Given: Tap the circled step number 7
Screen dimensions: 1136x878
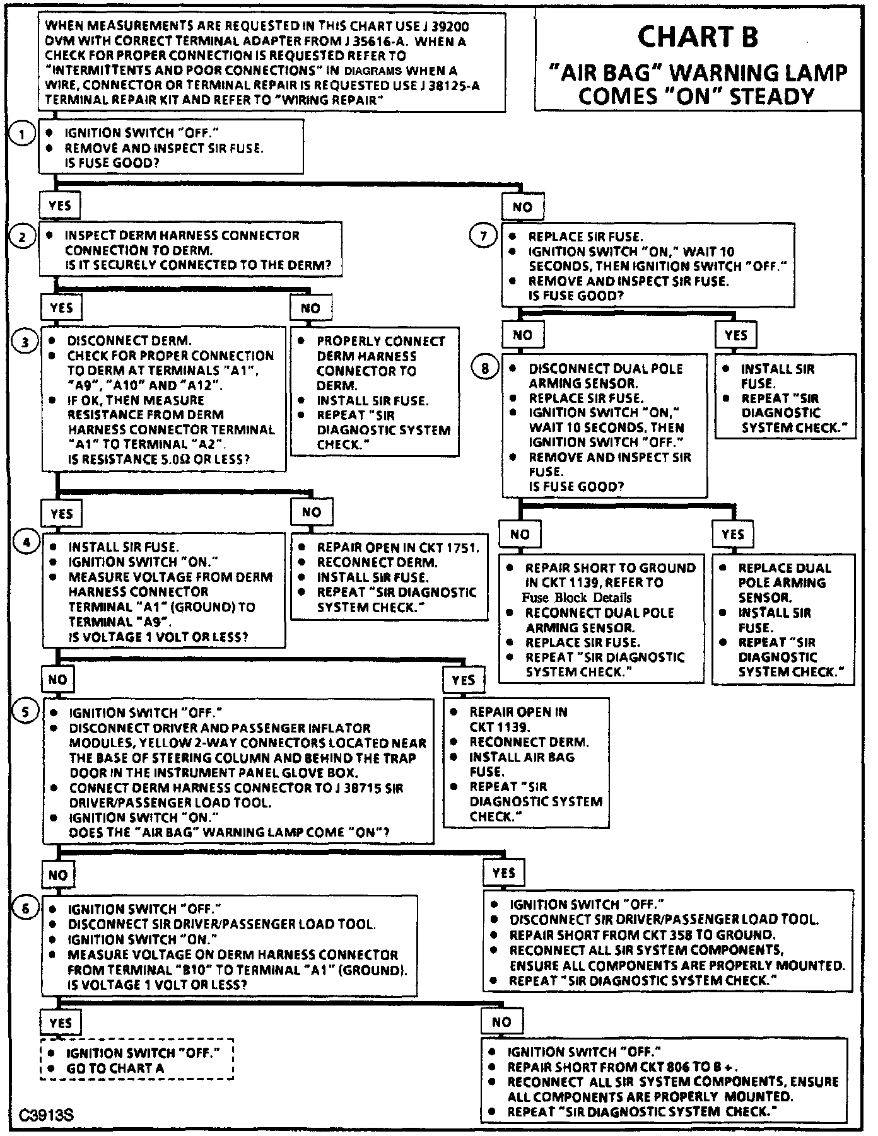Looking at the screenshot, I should pos(484,237).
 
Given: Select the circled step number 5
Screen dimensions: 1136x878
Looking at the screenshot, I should pos(25,712).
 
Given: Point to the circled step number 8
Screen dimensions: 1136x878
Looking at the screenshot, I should pos(484,369).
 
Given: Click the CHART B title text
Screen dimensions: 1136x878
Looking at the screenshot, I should pos(698,37).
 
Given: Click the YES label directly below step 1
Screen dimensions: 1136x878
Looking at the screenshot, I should pos(60,205).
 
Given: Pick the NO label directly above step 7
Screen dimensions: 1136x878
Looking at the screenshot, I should pos(522,207).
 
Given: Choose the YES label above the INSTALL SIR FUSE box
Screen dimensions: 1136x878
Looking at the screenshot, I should pos(736,335).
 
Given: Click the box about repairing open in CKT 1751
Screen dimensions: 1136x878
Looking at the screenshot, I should pos(389,577).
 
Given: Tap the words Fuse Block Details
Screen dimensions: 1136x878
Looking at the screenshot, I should pos(577,598).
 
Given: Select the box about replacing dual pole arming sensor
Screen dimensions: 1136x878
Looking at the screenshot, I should pos(783,620).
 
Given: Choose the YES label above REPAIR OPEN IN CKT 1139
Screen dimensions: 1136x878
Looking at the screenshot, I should pos(464,680).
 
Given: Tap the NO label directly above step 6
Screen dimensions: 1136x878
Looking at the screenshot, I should pos(58,875).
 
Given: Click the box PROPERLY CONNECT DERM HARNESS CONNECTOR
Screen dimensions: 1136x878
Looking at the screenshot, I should pos(375,391).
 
